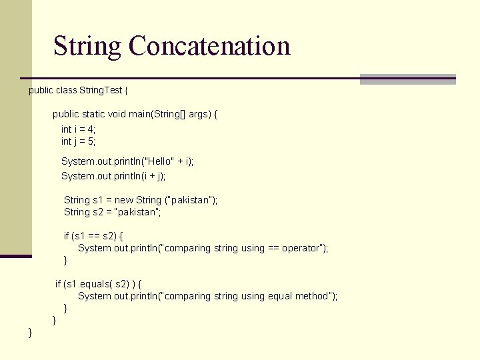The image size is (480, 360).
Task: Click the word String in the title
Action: pyautogui.click(x=88, y=47)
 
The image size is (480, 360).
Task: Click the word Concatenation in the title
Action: pyautogui.click(x=209, y=47)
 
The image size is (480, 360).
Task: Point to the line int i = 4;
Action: pyautogui.click(x=79, y=129)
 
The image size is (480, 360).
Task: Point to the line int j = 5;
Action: pyautogui.click(x=79, y=141)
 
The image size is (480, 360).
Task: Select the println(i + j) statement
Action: pyautogui.click(x=113, y=176)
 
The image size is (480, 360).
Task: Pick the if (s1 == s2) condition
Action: pyautogui.click(x=93, y=236)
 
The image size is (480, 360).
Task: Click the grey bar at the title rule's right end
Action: pyautogui.click(x=407, y=79)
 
